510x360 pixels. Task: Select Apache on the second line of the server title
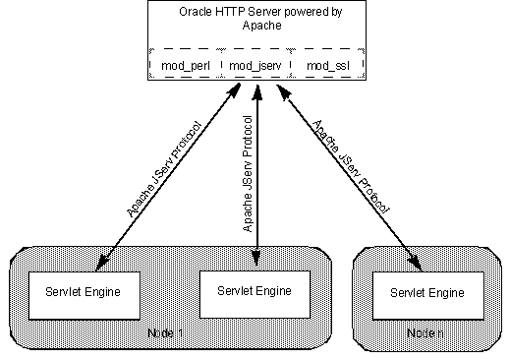pos(256,27)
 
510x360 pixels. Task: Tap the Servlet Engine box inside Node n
pos(426,293)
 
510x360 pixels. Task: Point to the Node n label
pos(425,333)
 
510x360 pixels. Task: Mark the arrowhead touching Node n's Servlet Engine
pos(418,264)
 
